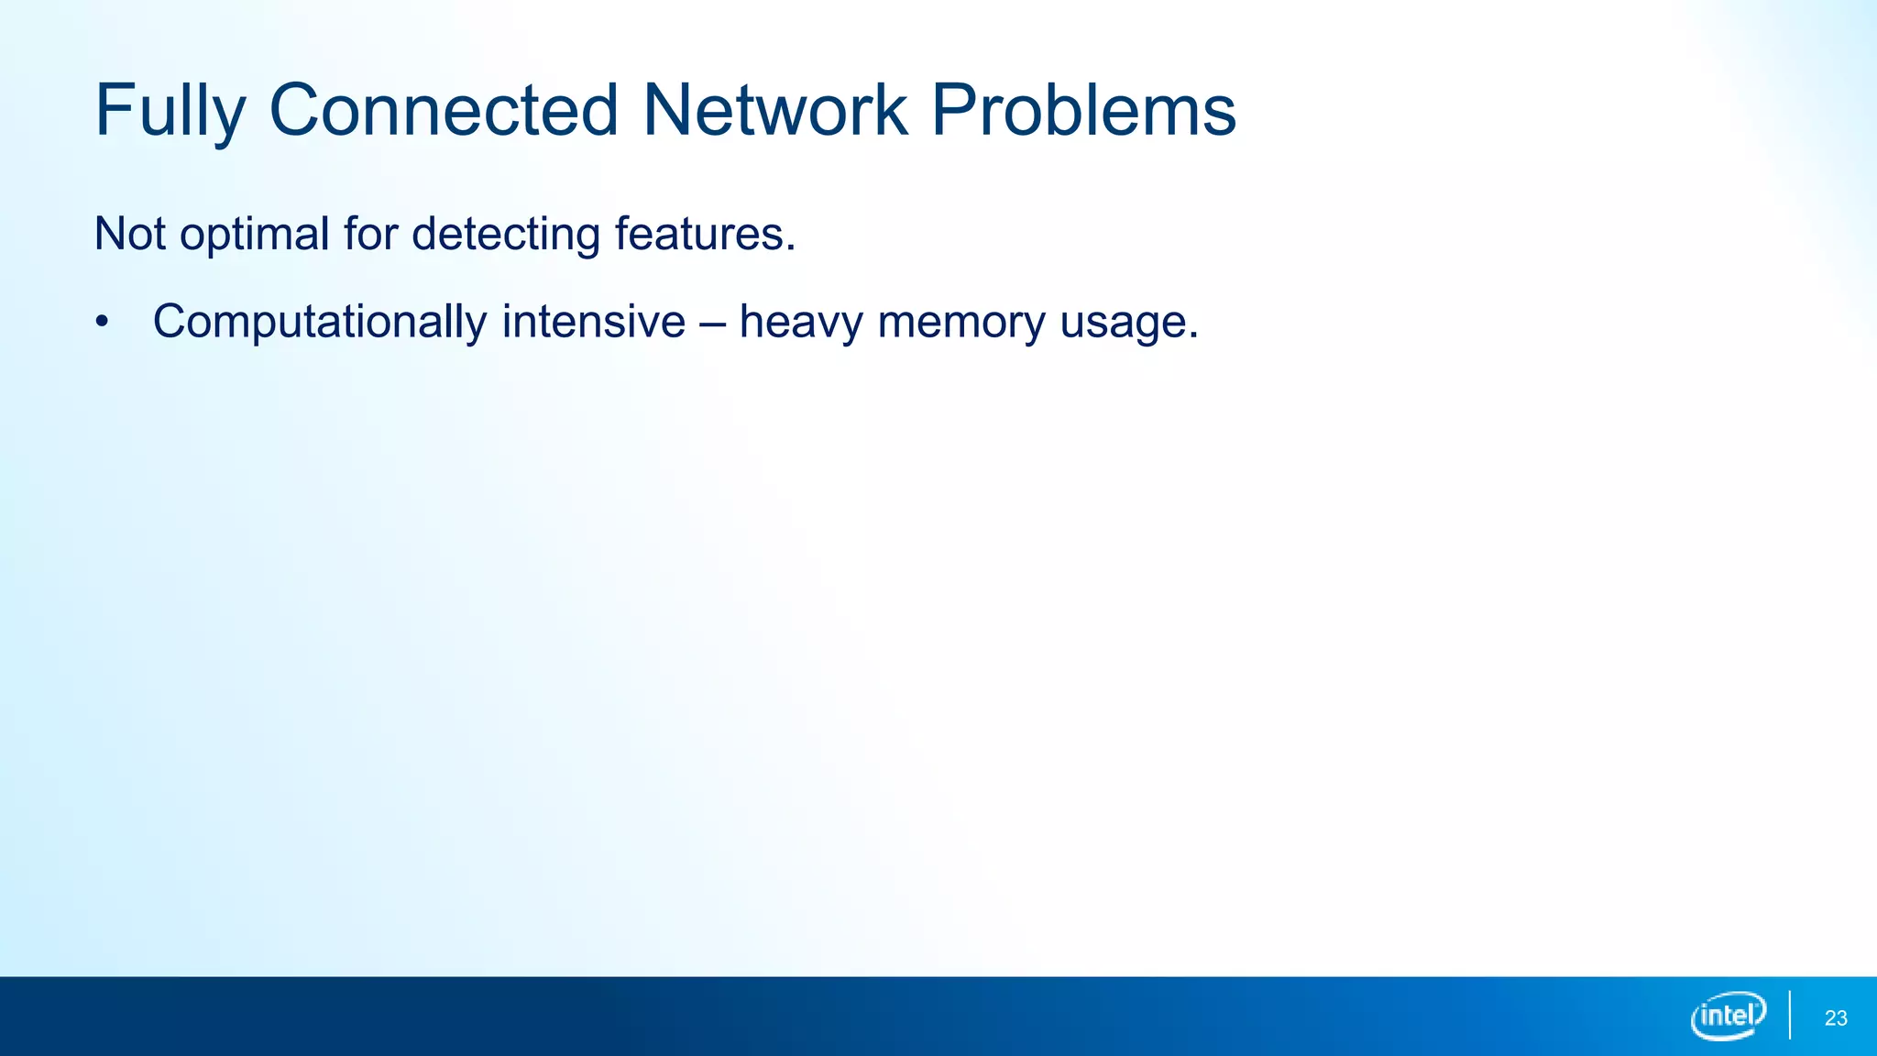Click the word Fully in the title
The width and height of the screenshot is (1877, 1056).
[170, 112]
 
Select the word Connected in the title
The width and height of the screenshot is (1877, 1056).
[444, 112]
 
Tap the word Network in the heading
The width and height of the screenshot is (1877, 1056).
[775, 112]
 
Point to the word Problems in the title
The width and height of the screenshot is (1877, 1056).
[1083, 112]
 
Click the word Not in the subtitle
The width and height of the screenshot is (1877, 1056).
[129, 234]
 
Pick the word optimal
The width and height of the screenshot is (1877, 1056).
[254, 236]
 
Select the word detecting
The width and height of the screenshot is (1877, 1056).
[505, 236]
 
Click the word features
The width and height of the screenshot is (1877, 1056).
[698, 234]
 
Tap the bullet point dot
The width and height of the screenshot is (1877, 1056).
[102, 323]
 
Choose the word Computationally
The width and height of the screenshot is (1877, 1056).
[320, 323]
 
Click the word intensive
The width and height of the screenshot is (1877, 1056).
[593, 322]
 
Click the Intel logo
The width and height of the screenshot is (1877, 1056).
[1729, 1016]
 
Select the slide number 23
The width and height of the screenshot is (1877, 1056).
[1836, 1018]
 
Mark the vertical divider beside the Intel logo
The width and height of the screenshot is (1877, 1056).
[1790, 1016]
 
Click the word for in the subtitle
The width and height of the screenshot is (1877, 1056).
[370, 234]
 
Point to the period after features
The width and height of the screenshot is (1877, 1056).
[791, 247]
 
